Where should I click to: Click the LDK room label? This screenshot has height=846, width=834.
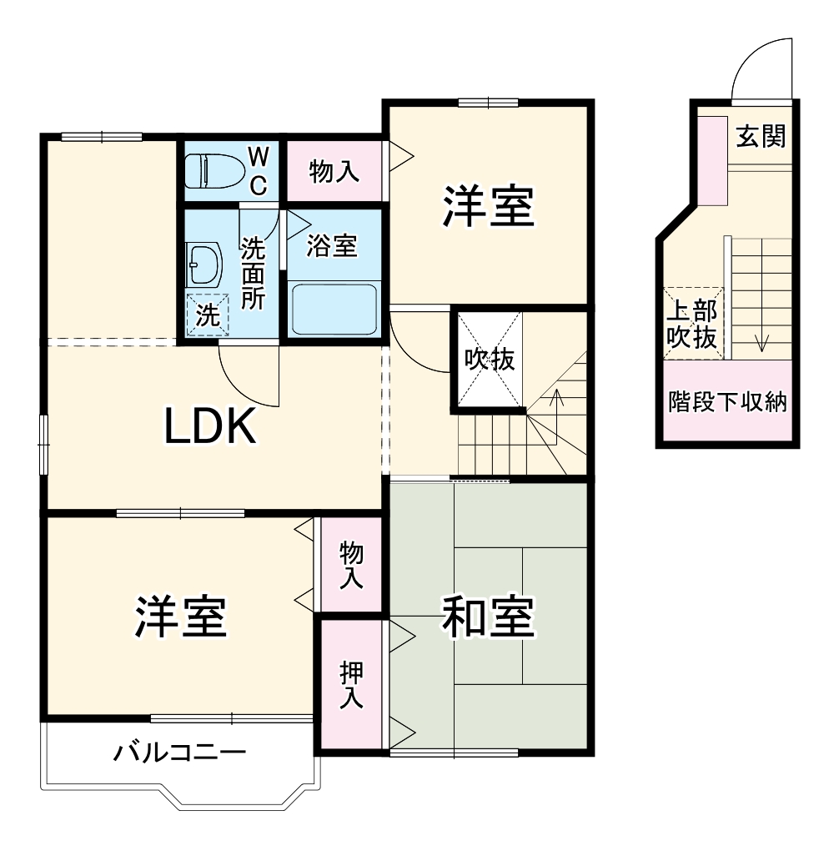pyautogui.click(x=208, y=428)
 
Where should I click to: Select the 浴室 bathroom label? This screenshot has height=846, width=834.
pyautogui.click(x=332, y=246)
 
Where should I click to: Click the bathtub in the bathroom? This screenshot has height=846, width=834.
pyautogui.click(x=334, y=308)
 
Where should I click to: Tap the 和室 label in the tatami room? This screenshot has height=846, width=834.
pyautogui.click(x=487, y=617)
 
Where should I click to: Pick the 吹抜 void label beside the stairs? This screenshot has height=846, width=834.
pyautogui.click(x=489, y=360)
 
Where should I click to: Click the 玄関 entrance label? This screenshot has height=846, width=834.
pyautogui.click(x=761, y=136)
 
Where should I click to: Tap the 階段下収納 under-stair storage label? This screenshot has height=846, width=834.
pyautogui.click(x=727, y=402)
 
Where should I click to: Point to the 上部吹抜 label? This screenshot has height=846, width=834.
pyautogui.click(x=692, y=323)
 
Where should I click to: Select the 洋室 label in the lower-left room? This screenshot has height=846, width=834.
pyautogui.click(x=180, y=617)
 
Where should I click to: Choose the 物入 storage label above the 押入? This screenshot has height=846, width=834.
pyautogui.click(x=351, y=566)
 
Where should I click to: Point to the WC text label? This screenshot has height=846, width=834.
pyautogui.click(x=259, y=171)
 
